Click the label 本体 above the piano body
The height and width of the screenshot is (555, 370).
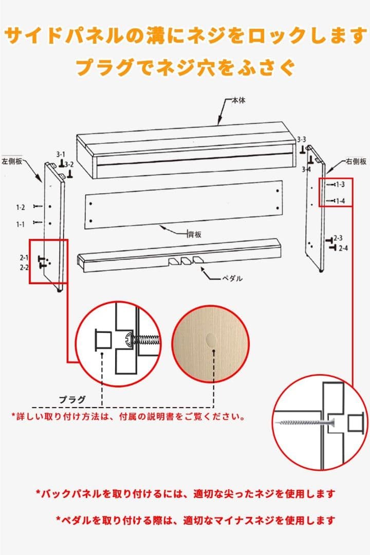238,101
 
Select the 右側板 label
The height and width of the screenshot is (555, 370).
356,161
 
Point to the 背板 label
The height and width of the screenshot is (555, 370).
194,234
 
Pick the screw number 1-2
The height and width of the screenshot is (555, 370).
20,207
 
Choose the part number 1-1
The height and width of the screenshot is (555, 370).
20,224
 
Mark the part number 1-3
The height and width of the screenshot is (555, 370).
340,184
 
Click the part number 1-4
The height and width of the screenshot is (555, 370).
340,201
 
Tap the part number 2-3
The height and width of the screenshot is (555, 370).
338,238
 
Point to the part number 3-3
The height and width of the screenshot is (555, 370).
302,140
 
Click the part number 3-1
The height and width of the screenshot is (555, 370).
61,154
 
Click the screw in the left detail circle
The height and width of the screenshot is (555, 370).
145,339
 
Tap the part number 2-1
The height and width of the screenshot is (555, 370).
24,257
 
